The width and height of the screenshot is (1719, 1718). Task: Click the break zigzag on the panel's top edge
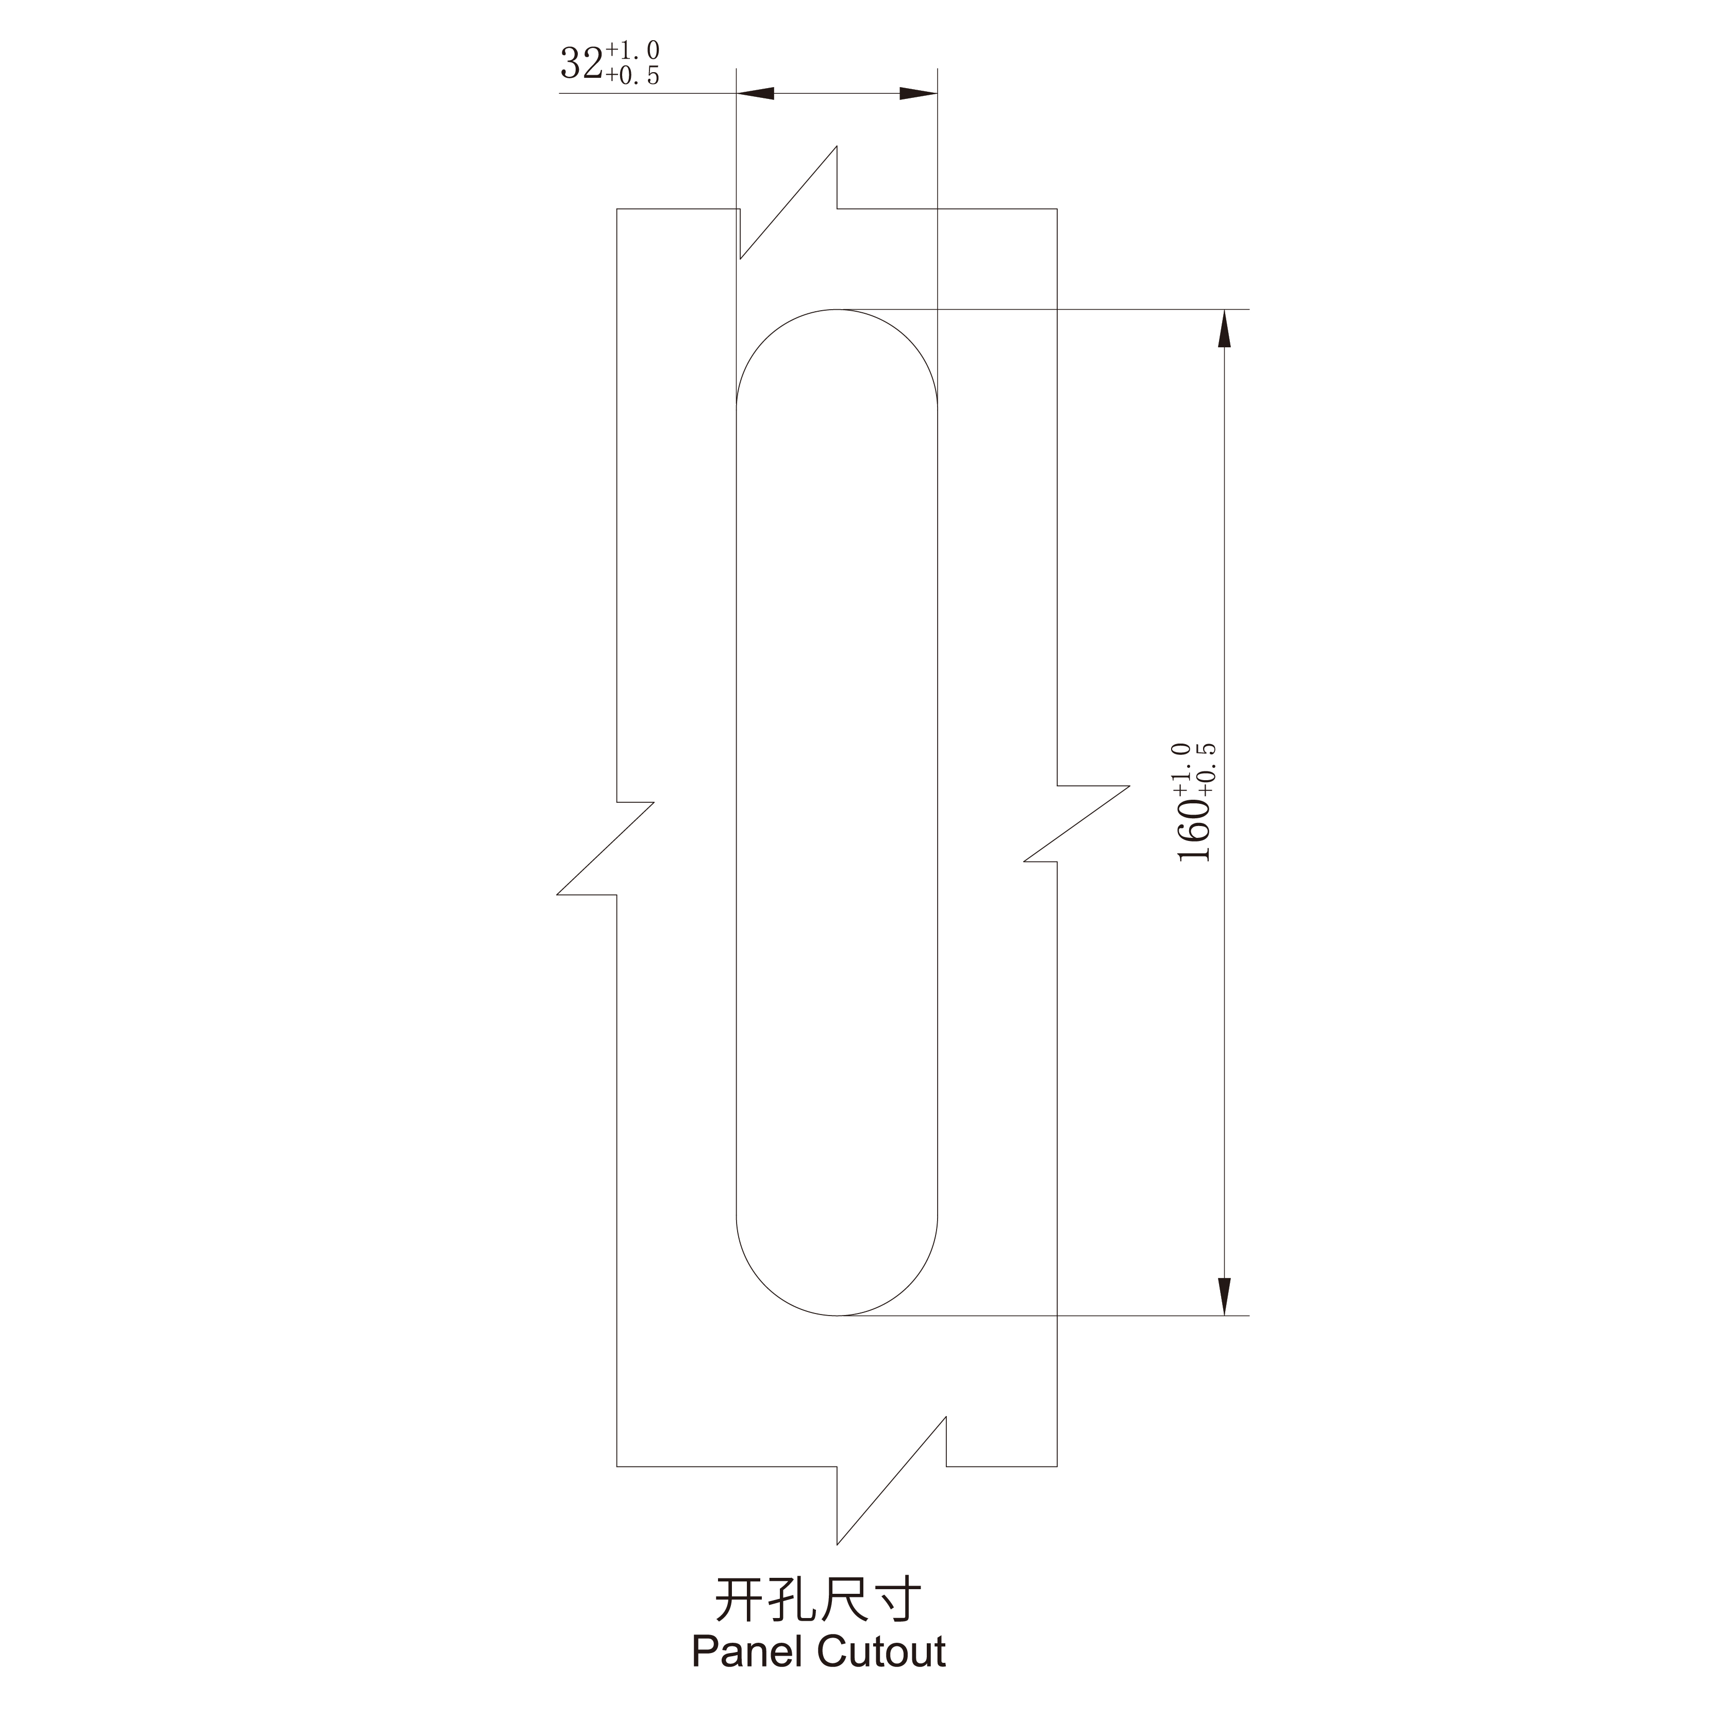[788, 205]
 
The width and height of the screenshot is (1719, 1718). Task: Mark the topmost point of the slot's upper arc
[837, 310]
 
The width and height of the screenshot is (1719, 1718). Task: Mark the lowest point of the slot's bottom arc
[837, 1315]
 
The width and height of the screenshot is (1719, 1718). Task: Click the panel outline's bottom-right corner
[1057, 1466]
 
